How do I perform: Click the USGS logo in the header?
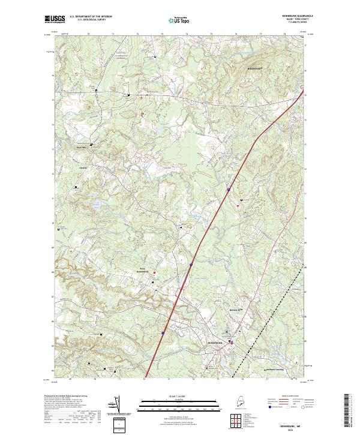coord(55,19)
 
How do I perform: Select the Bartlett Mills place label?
coord(237,310)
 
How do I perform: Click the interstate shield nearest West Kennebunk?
coord(191,263)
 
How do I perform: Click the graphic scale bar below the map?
coord(179,403)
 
